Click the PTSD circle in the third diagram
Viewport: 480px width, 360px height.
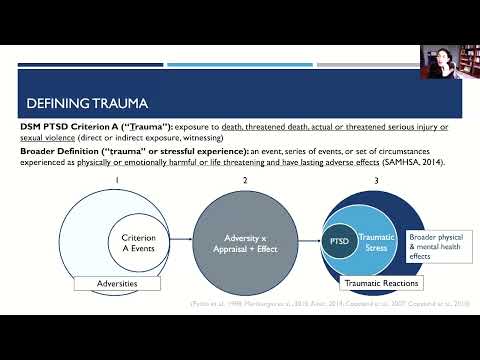click(x=338, y=241)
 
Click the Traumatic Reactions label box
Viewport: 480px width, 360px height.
click(x=381, y=284)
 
